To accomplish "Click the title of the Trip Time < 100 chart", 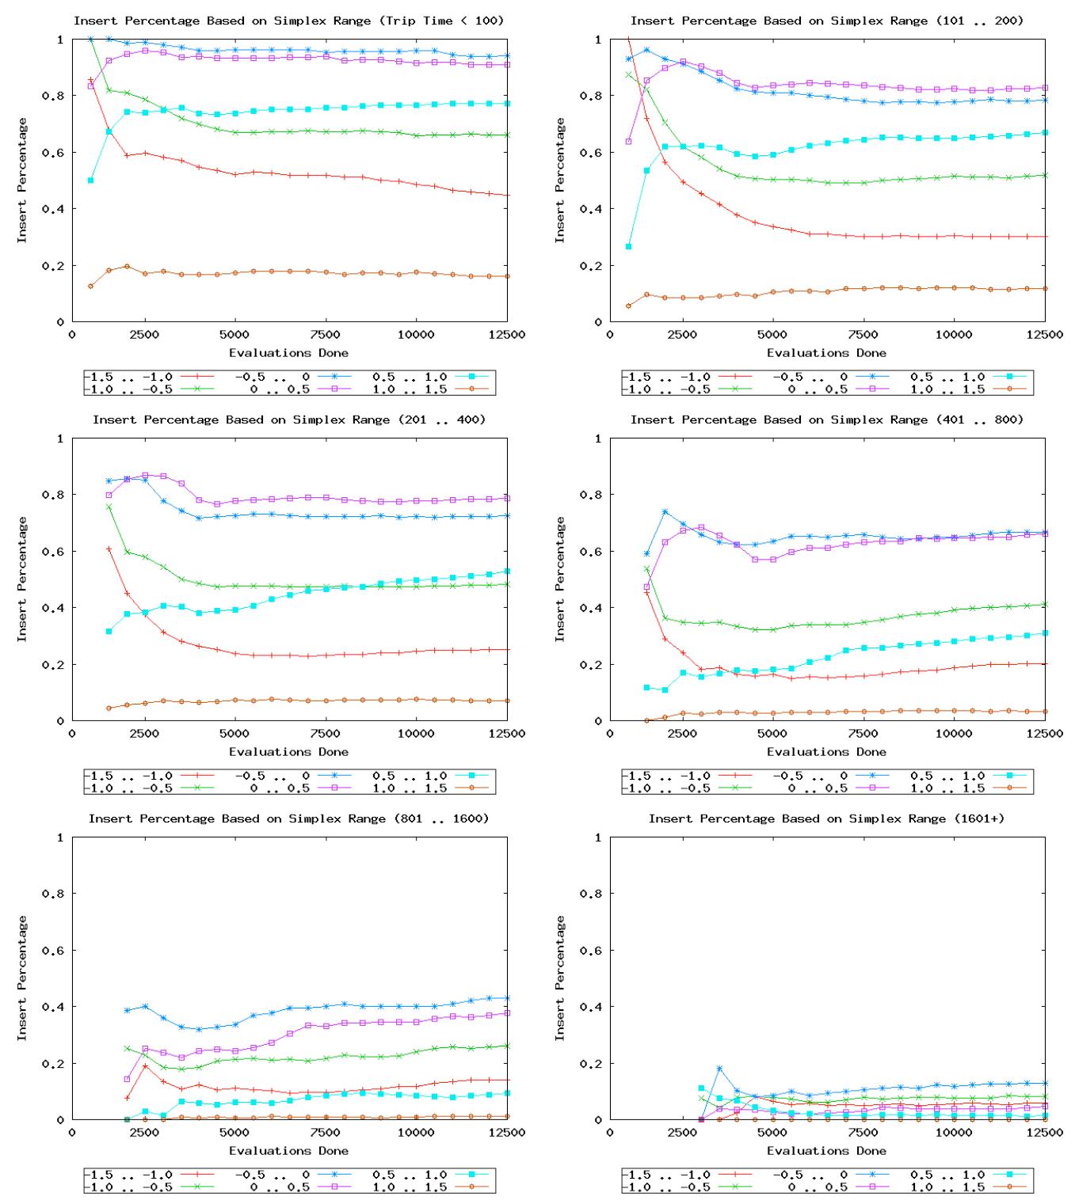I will point(288,21).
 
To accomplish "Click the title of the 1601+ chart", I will point(826,818).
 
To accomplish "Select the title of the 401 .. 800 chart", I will point(826,420).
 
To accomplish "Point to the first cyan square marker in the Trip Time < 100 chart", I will point(90,180).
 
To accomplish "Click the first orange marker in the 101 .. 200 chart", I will point(628,306).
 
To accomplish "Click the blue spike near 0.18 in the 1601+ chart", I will point(719,1069).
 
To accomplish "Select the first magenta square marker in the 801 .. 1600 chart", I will point(127,1079).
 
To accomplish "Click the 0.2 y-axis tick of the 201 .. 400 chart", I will point(54,665).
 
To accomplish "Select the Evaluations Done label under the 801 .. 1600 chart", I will point(288,1150).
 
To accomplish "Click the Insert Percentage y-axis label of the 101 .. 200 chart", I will point(559,180).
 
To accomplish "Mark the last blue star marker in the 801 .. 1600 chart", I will point(507,998).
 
